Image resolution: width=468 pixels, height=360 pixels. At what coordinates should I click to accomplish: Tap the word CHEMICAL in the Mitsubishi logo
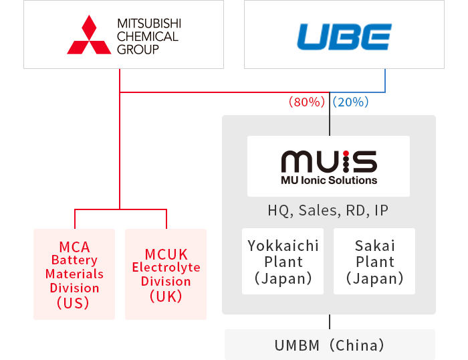coord(148,36)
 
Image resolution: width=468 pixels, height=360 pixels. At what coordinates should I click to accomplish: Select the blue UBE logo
coord(344,36)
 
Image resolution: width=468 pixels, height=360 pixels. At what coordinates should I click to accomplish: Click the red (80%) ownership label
coord(306,102)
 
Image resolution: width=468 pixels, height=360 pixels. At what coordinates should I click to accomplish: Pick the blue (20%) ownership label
coord(351,102)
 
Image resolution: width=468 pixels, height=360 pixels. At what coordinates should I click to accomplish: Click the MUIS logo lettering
coord(328,161)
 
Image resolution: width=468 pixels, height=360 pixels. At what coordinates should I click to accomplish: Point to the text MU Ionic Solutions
coord(328,180)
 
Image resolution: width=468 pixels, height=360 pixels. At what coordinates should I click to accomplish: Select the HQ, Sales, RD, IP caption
coord(328,211)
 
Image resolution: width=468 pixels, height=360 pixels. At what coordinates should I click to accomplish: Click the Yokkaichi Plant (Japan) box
coord(283,262)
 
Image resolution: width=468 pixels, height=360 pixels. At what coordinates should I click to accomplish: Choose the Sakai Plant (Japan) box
coord(374,262)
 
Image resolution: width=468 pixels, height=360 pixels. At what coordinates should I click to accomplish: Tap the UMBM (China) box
coord(329,345)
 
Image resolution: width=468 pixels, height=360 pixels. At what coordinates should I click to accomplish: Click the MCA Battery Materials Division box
coord(74,274)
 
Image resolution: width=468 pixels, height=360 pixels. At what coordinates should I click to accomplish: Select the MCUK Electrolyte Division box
coord(166,274)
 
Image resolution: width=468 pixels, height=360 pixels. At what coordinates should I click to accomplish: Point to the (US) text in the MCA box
coord(74,302)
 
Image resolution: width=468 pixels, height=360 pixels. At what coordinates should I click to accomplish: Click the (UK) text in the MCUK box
coord(166,296)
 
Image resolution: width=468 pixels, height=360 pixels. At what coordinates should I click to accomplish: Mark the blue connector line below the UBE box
coord(385,80)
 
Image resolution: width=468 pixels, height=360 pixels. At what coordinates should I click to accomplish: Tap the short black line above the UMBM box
coord(329,321)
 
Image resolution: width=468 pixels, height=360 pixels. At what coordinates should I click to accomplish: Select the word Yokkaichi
coord(283,246)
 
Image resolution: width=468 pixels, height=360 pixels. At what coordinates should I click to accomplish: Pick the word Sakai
coord(374,246)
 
